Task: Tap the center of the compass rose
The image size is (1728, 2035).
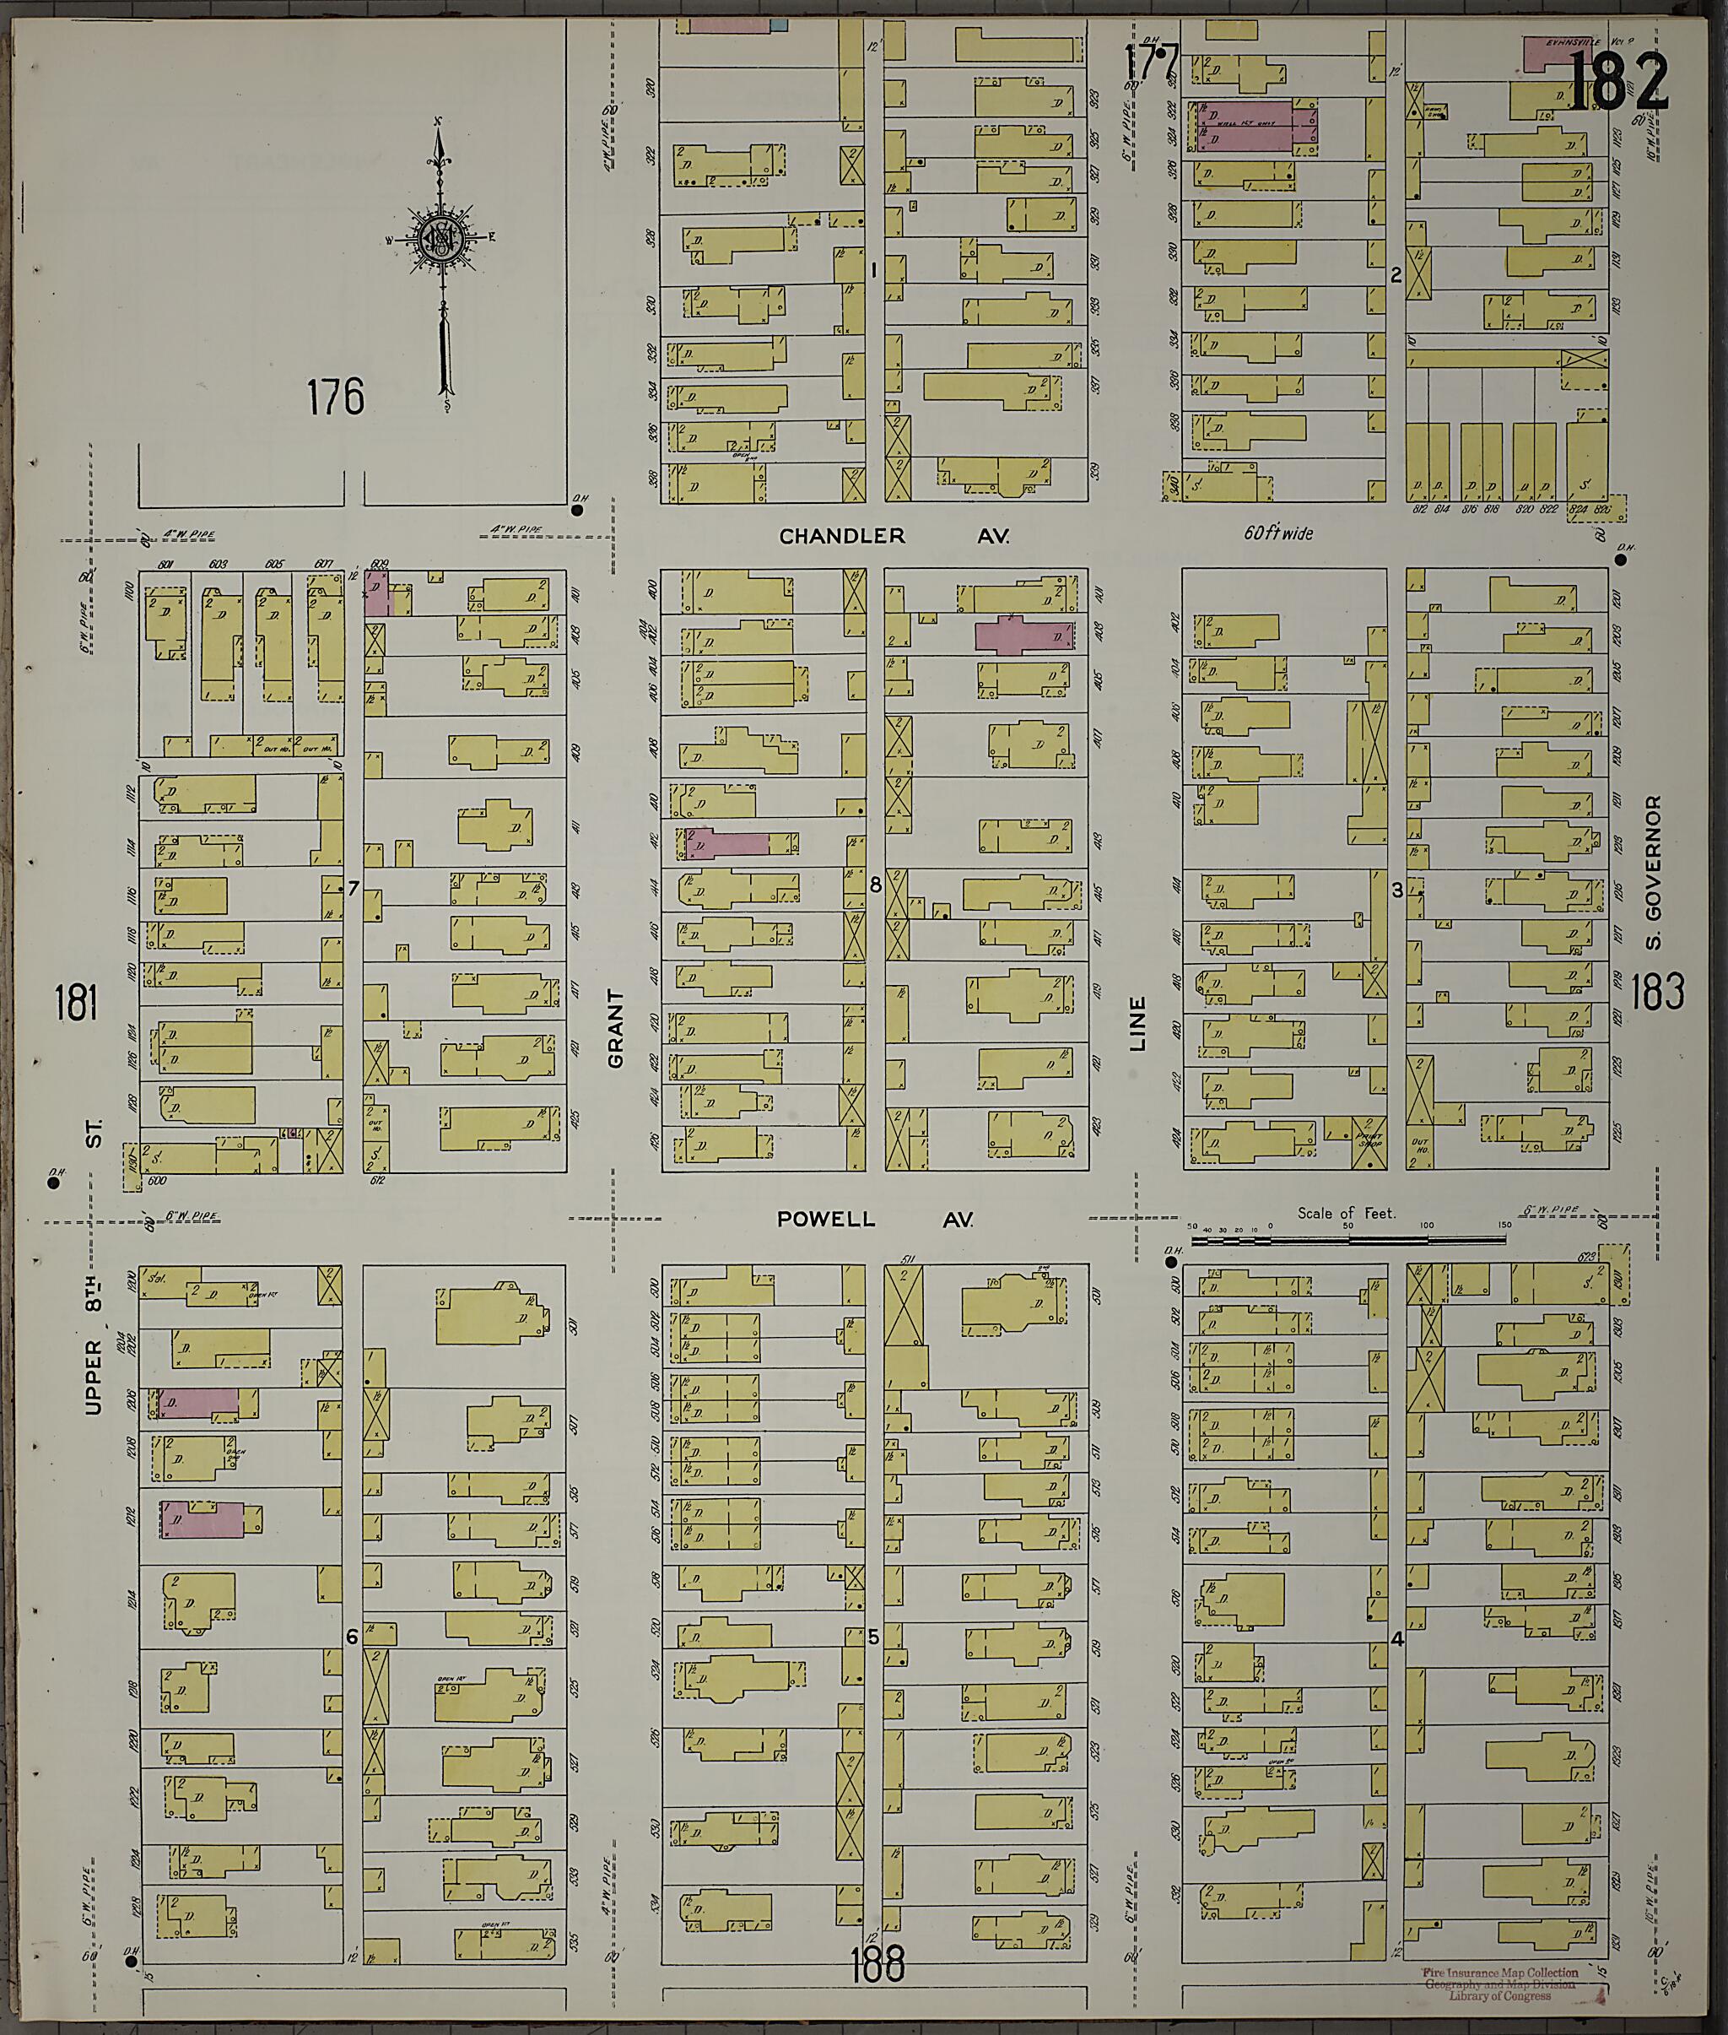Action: [x=443, y=238]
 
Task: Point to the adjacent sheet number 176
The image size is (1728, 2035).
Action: [x=335, y=397]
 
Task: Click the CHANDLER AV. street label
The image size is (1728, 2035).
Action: [x=894, y=536]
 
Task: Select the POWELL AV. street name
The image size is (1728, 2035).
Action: [x=875, y=1219]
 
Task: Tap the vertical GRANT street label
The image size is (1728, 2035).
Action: [x=615, y=1028]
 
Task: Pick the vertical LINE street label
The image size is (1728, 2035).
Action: [x=1137, y=1024]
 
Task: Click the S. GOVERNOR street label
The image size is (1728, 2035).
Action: [x=1654, y=872]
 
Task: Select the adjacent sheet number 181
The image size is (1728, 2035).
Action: [x=77, y=1004]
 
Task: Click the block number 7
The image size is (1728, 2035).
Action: [x=354, y=889]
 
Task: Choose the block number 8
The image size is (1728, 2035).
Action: [x=875, y=885]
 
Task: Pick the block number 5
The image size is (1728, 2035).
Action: [x=874, y=1637]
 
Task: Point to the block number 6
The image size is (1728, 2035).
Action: [x=353, y=1637]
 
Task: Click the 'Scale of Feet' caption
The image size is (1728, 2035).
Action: [x=1347, y=1212]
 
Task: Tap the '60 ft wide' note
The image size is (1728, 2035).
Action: [x=1277, y=533]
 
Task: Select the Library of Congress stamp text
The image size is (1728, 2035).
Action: [x=1501, y=1984]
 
